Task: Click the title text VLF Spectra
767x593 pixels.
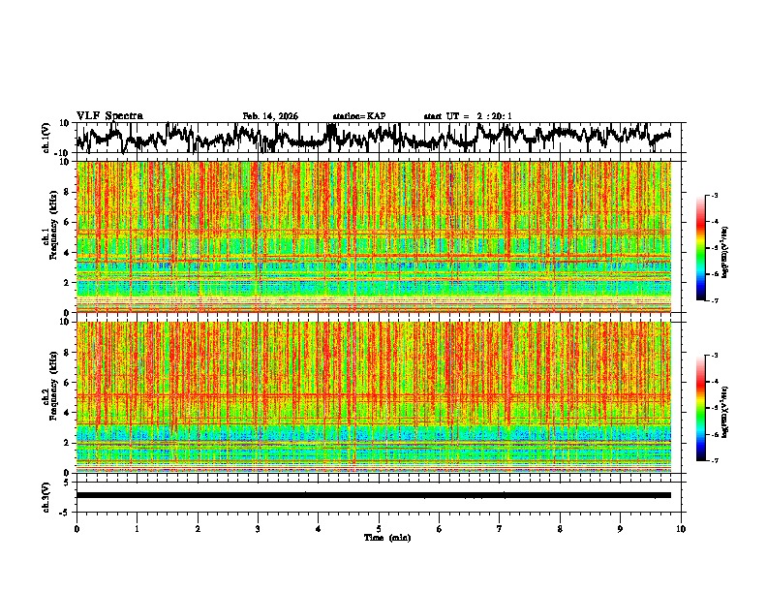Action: (x=109, y=116)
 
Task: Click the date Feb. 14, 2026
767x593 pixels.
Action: (x=270, y=116)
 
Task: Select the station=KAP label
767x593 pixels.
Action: (x=359, y=116)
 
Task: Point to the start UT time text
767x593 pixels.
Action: (x=468, y=116)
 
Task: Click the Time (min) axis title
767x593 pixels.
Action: (x=386, y=537)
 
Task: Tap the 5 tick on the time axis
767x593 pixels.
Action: (x=379, y=529)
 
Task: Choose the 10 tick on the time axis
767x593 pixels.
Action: (x=681, y=529)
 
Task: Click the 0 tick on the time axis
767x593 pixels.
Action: (x=77, y=529)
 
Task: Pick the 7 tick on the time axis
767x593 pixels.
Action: (x=500, y=529)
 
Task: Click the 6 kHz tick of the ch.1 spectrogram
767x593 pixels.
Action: (x=67, y=222)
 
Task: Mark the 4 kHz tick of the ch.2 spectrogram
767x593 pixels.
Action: (x=67, y=412)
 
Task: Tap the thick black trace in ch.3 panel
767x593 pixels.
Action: (x=378, y=495)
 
